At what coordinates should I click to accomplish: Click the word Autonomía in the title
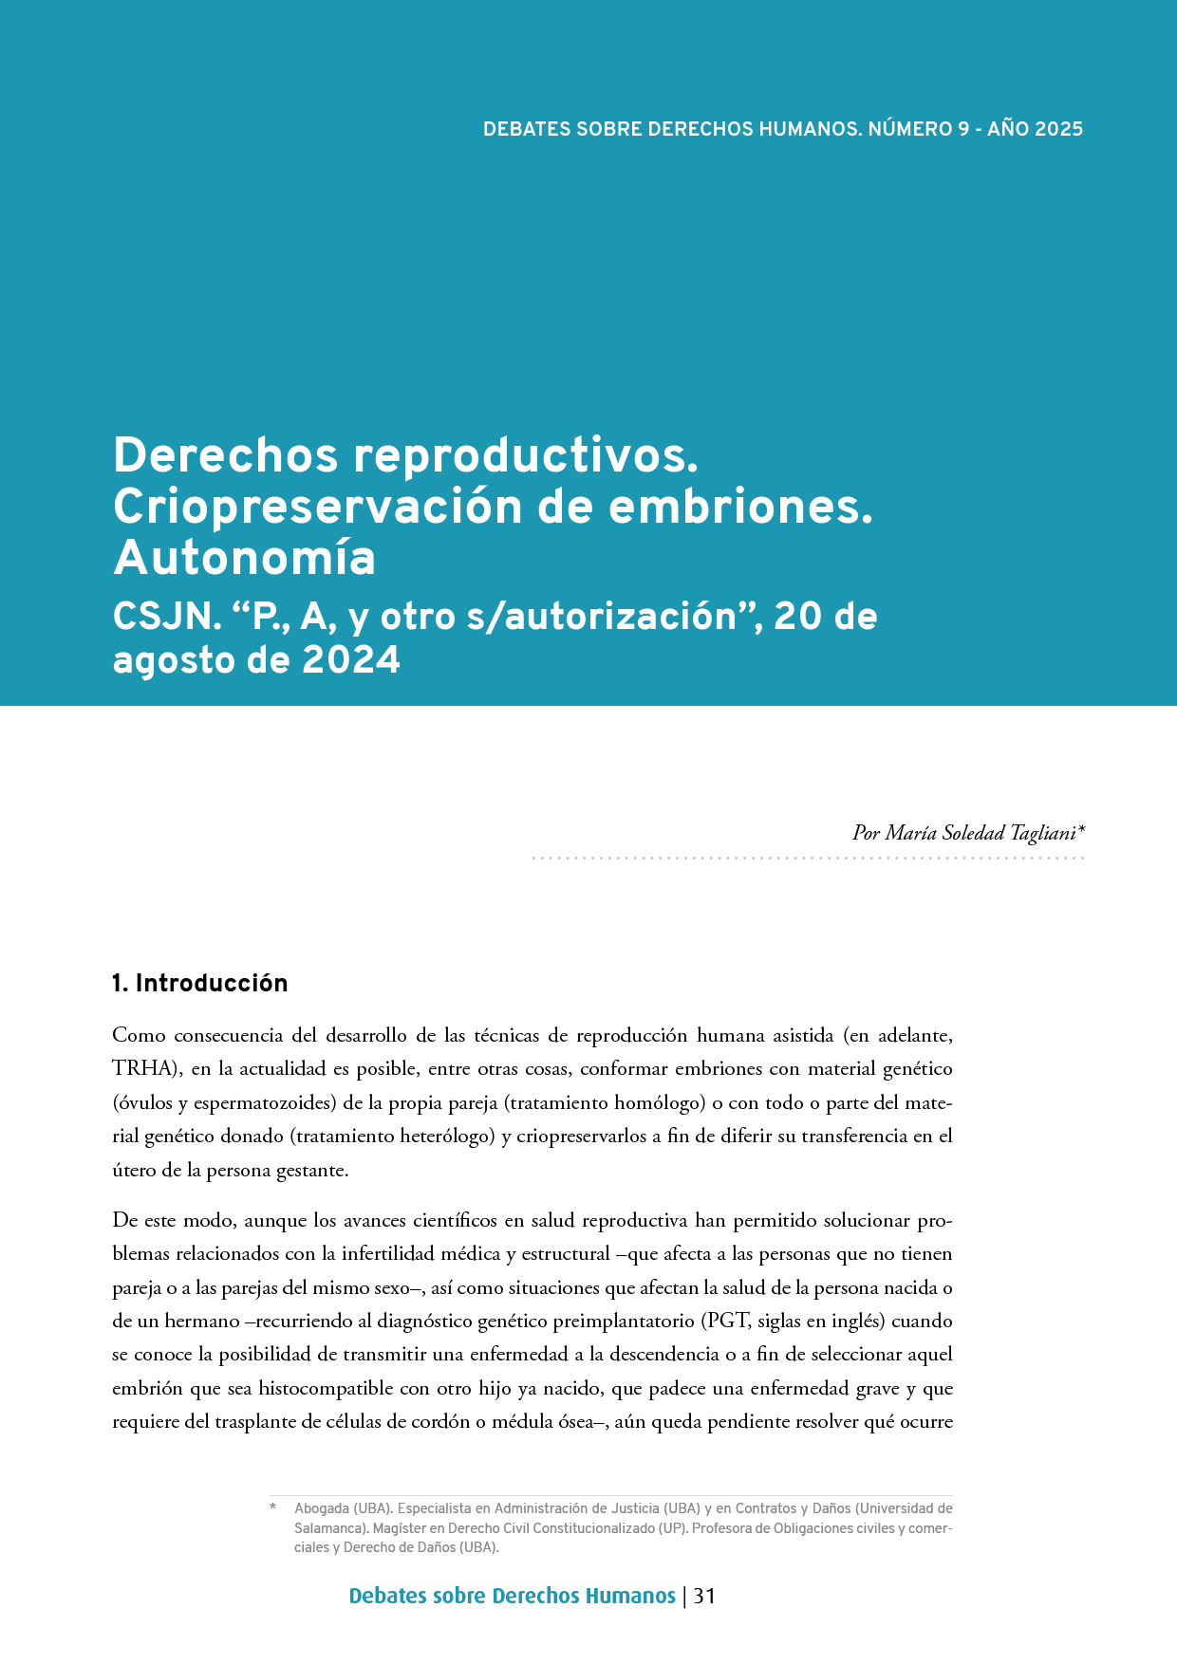click(244, 559)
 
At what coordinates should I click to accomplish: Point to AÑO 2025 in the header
click(1035, 129)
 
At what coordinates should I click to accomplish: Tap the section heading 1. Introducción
click(199, 984)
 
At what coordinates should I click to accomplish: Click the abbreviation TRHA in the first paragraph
click(142, 1069)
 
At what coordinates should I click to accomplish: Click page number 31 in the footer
click(704, 1596)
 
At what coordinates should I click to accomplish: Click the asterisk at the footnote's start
click(272, 1507)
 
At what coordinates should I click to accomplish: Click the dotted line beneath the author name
click(807, 858)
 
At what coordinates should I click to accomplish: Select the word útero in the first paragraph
click(133, 1171)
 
